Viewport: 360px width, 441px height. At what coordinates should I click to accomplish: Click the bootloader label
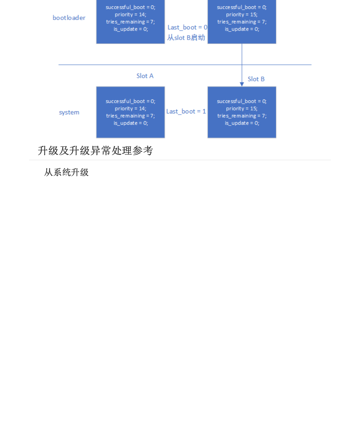(69, 18)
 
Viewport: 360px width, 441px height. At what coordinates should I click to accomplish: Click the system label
(69, 112)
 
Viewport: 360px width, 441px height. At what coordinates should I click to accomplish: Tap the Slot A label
(145, 76)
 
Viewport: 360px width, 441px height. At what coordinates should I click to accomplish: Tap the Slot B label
(256, 79)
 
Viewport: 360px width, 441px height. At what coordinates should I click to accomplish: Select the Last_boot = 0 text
(187, 28)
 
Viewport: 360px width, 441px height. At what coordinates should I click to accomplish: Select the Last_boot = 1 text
(186, 111)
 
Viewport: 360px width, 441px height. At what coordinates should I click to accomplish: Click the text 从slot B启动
(186, 38)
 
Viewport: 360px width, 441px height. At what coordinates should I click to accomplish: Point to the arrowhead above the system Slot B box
(242, 84)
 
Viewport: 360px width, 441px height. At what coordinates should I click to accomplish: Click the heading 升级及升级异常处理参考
(95, 150)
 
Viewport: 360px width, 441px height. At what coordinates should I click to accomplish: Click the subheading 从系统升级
(66, 172)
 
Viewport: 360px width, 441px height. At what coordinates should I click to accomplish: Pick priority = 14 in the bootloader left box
(130, 15)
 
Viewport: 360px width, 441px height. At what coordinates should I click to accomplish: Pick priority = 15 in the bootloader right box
(242, 15)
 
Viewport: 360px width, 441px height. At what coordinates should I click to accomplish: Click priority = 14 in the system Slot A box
(130, 109)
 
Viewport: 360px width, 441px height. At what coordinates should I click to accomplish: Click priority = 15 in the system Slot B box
(242, 109)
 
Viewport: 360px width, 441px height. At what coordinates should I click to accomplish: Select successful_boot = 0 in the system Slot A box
(130, 101)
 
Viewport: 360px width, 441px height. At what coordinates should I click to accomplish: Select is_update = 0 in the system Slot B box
(242, 123)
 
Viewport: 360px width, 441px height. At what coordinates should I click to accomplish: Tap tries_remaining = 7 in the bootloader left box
(130, 22)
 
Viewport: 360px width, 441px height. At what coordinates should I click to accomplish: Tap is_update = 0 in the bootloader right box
(242, 29)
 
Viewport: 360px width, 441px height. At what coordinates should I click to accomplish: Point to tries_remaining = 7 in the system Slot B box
(242, 116)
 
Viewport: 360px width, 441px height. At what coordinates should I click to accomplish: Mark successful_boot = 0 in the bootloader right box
(242, 7)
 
